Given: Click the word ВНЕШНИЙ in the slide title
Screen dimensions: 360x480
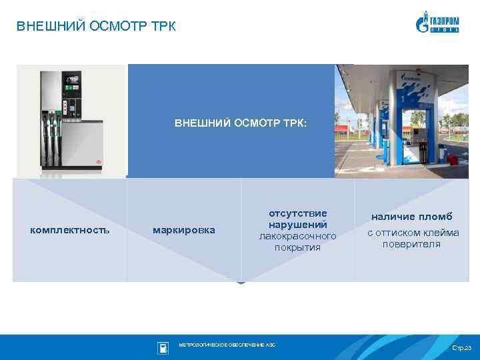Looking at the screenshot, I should click(x=45, y=27).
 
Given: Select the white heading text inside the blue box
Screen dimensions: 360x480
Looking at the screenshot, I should click(x=240, y=123).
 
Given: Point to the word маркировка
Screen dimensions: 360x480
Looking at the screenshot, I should click(x=184, y=230).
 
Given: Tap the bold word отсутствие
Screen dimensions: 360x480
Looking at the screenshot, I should click(x=297, y=213).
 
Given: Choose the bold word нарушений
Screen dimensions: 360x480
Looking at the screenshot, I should click(x=297, y=225).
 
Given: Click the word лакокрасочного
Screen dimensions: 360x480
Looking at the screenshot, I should click(x=297, y=236).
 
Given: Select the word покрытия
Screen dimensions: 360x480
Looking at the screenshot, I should click(x=297, y=247).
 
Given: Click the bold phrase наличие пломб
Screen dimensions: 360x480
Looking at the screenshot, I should click(x=411, y=217).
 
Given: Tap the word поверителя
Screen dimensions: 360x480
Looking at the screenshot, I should click(x=411, y=244).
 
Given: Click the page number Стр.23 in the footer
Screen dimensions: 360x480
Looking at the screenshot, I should click(x=461, y=349).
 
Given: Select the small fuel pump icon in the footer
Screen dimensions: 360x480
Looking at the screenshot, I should click(x=163, y=347).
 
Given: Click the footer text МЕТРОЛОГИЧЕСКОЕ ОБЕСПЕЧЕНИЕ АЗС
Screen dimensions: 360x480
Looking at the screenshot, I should click(x=227, y=345).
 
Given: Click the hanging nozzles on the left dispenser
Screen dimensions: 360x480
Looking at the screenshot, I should click(x=52, y=137).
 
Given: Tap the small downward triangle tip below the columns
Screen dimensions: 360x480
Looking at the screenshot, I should click(x=241, y=283).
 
